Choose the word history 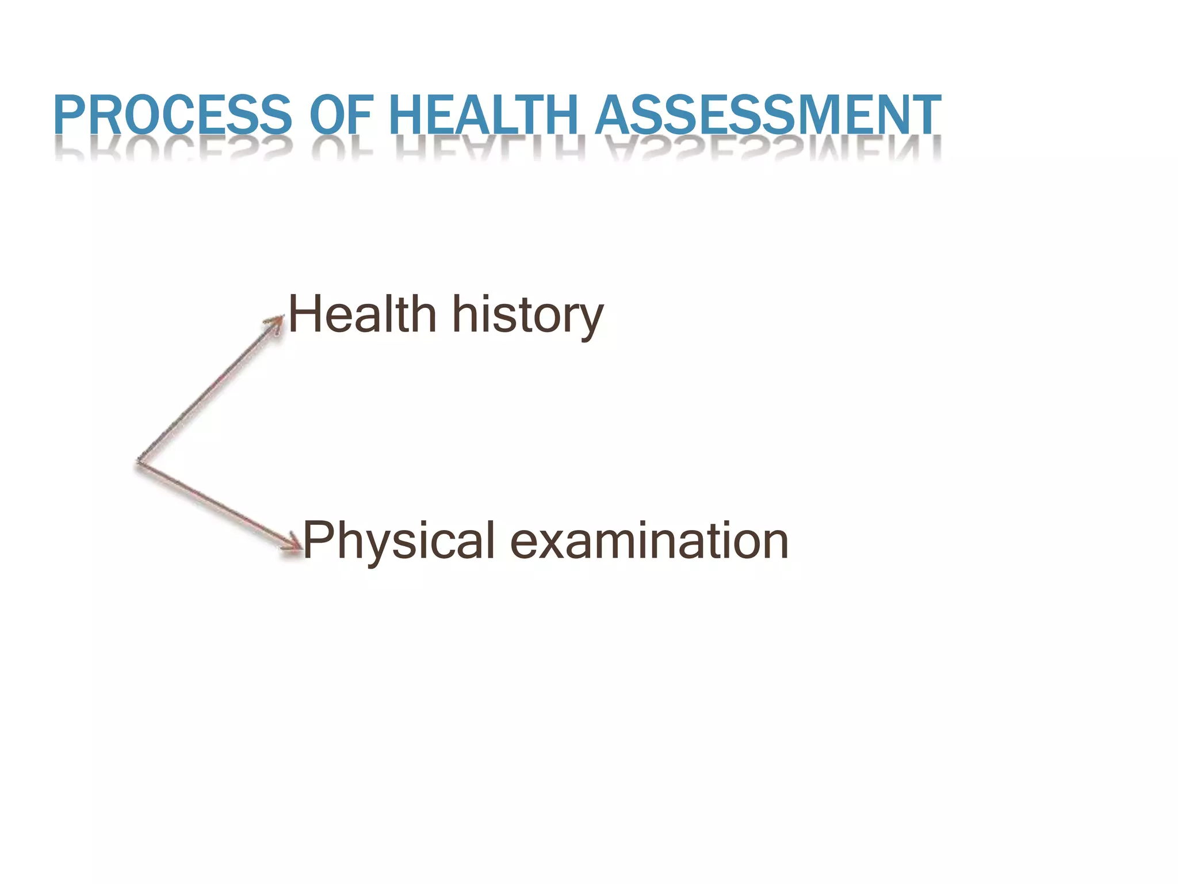[x=527, y=315]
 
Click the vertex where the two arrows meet [x=139, y=461]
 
